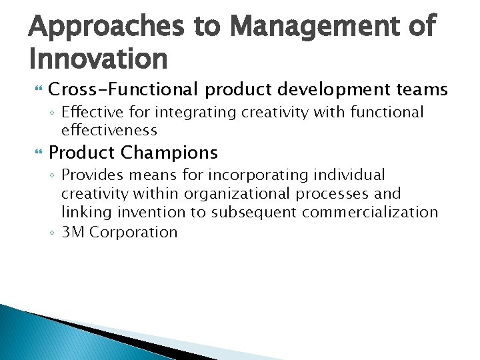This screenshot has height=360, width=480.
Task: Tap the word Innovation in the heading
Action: pyautogui.click(x=99, y=59)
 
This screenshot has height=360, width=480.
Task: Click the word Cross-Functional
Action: pyautogui.click(x=123, y=89)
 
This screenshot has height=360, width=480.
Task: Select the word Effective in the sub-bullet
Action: pyautogui.click(x=89, y=112)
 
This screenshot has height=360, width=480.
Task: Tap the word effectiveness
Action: pyautogui.click(x=109, y=130)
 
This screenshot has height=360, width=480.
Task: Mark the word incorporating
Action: pyautogui.click(x=248, y=175)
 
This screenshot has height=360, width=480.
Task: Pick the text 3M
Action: pyautogui.click(x=73, y=232)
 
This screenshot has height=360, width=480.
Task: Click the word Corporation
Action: pyautogui.click(x=133, y=232)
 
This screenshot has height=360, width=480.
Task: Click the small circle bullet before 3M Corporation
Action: pyautogui.click(x=53, y=233)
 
